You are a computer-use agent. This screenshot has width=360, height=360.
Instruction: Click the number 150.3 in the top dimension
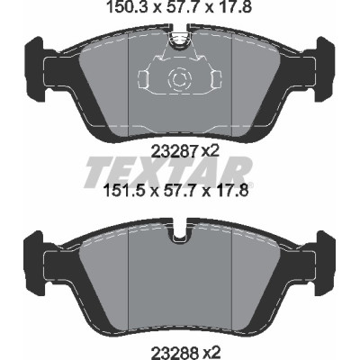point(127,7)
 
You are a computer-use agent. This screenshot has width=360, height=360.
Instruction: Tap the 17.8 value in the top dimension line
point(234,7)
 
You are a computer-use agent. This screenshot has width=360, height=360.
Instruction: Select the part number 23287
point(175,152)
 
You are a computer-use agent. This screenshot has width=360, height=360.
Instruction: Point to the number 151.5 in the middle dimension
point(122,190)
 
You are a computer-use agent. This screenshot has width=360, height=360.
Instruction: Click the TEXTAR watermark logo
point(168,172)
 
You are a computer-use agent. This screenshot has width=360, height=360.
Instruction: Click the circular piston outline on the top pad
point(180,79)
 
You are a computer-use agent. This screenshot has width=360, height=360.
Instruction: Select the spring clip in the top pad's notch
point(180,38)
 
